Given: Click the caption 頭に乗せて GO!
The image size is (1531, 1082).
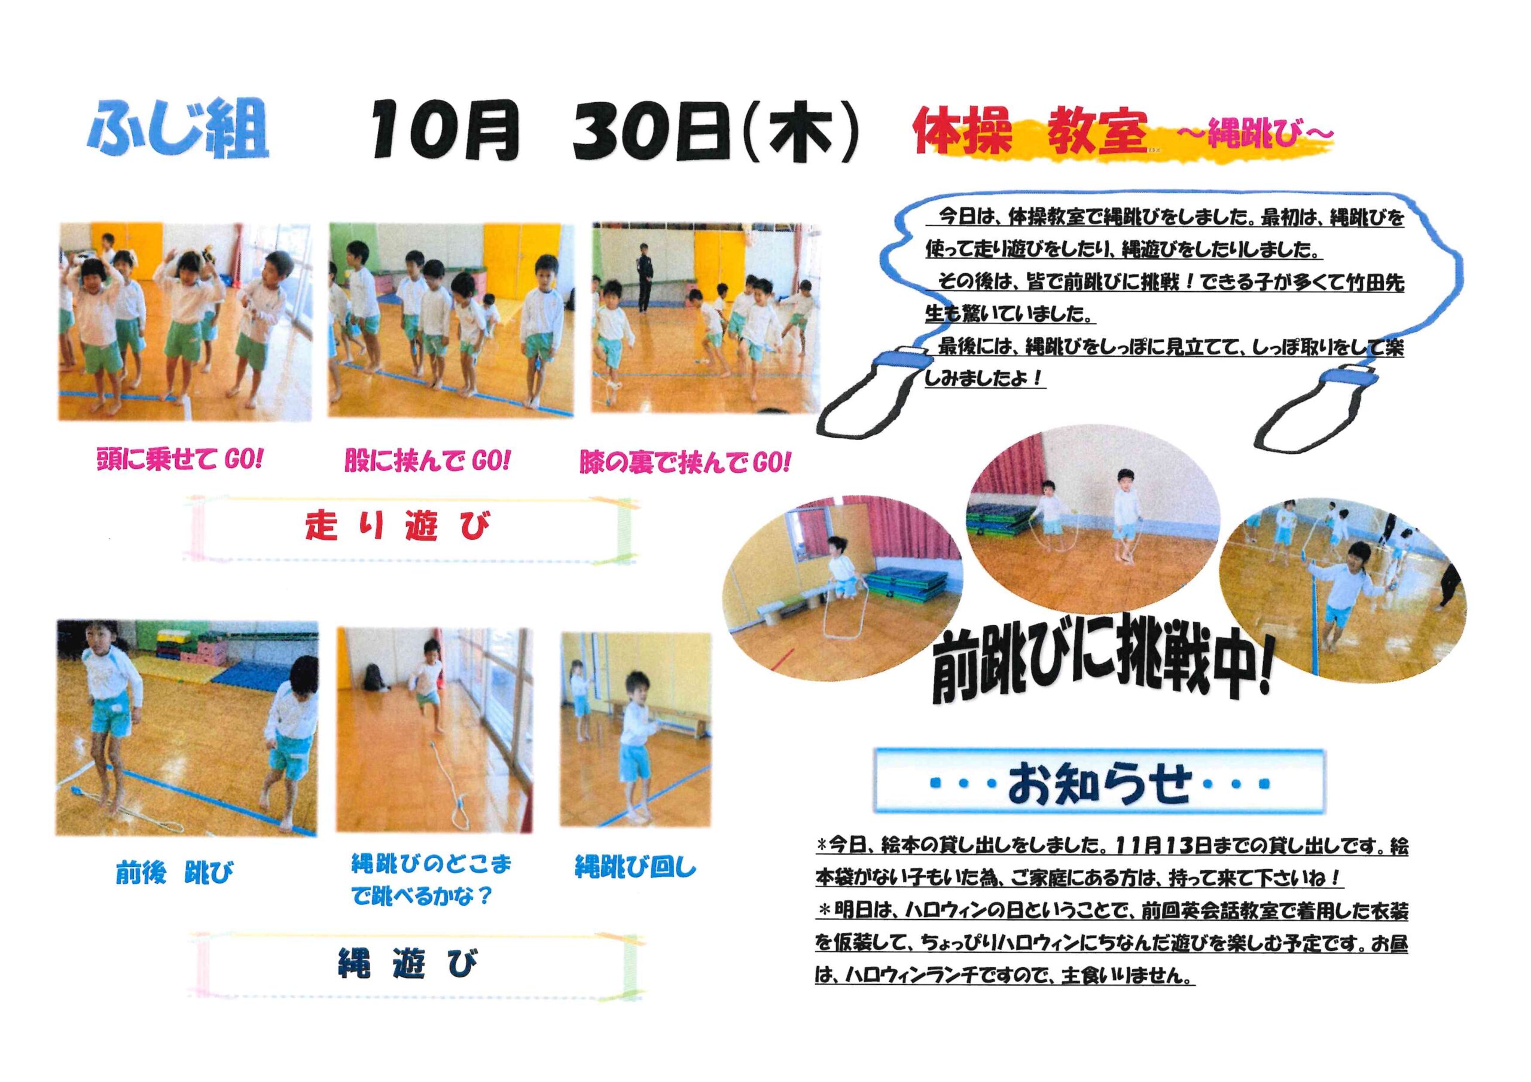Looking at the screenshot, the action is pos(180,459).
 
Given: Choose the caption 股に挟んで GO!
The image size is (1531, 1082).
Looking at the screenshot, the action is pos(428,461).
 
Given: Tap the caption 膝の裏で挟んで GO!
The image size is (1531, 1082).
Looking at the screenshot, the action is pos(685,462).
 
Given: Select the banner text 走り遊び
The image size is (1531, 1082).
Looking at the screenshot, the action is pos(398,525).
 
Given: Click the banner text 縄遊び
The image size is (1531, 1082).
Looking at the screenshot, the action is pos(408,963).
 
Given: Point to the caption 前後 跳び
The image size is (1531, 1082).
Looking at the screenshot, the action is pos(175,872).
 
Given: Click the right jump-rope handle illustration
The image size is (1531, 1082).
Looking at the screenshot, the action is pos(1307,406).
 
